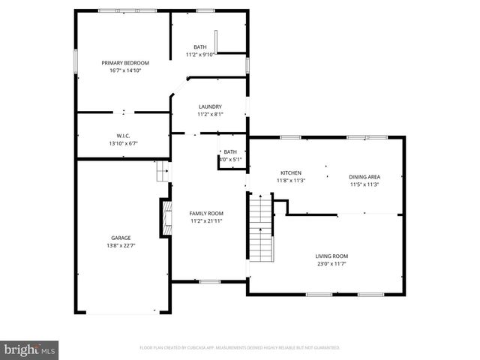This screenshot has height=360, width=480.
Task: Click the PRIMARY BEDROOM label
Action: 126,63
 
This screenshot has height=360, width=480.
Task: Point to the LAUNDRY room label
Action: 210,107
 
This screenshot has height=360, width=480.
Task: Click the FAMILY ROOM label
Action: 205,214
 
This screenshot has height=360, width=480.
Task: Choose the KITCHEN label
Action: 291,173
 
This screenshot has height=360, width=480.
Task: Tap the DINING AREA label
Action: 364,177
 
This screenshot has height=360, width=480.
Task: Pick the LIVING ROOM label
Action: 331,256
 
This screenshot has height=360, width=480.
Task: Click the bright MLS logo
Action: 30,349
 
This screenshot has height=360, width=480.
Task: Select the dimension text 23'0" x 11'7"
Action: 331,263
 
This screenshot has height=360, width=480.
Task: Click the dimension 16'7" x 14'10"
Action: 126,70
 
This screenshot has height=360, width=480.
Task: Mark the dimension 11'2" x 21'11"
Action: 205,221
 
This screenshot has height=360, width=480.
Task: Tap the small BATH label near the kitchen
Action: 229,152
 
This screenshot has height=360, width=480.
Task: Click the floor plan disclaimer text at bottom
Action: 240,348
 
